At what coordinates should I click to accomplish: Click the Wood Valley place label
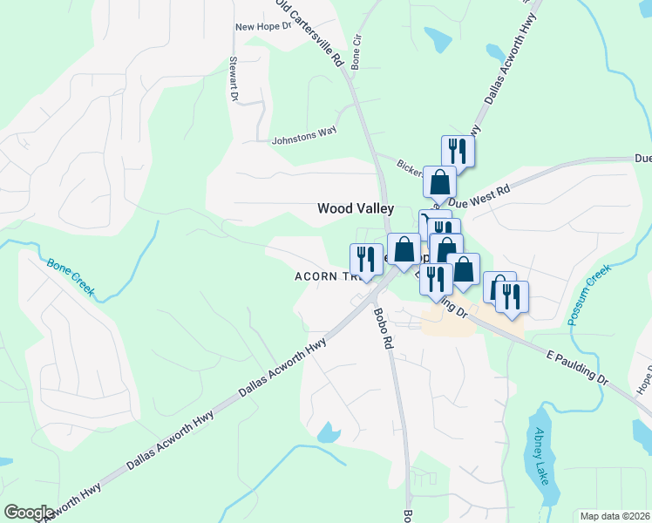[x=355, y=208]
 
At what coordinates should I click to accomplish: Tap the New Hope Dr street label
[x=262, y=27]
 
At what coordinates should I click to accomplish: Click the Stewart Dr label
[x=234, y=79]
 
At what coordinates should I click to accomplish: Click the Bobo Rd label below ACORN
[x=384, y=329]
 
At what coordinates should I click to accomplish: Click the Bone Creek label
[x=70, y=276]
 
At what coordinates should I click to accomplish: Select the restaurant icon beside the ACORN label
[x=365, y=259]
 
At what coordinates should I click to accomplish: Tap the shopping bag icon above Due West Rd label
[x=440, y=182]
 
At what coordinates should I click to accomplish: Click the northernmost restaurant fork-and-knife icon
[x=458, y=151]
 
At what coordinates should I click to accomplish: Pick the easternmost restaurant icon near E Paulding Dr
[x=513, y=296]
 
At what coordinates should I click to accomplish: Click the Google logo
[x=29, y=512]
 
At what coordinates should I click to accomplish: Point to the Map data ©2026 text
[x=615, y=516]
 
